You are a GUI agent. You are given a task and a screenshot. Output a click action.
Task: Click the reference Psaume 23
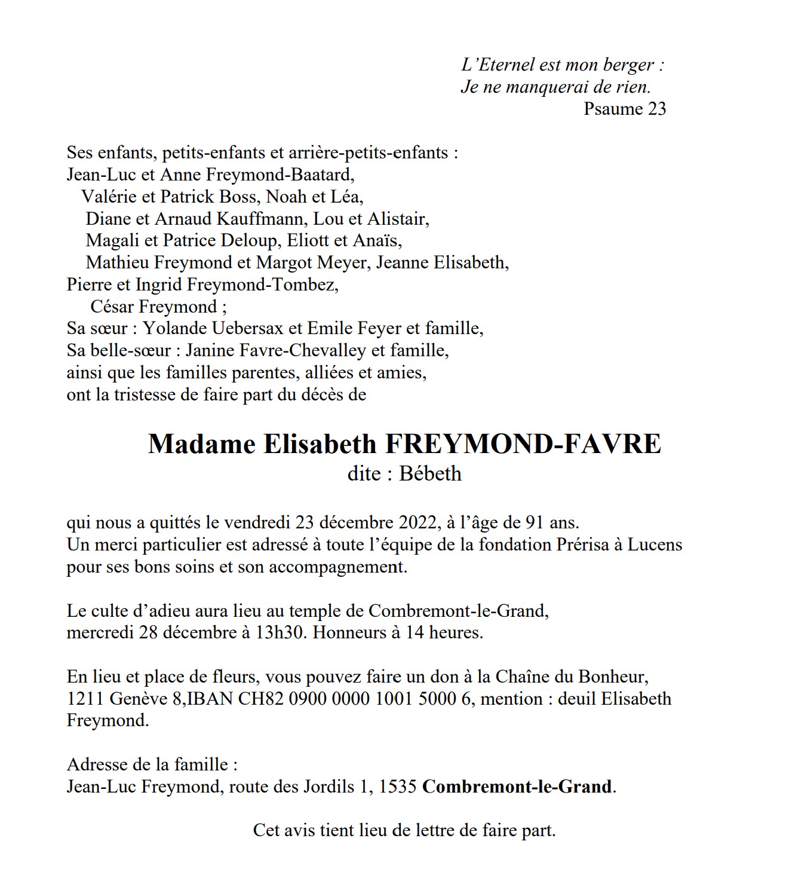pyautogui.click(x=624, y=109)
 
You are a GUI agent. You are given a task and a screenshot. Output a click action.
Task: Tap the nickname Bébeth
pyautogui.click(x=430, y=474)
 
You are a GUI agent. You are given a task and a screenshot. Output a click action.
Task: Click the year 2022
pyautogui.click(x=419, y=523)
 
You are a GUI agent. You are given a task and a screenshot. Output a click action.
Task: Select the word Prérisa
pyautogui.click(x=576, y=545)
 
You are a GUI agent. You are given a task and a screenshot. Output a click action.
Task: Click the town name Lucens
pyautogui.click(x=654, y=545)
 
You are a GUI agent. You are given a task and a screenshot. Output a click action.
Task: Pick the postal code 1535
pyautogui.click(x=398, y=787)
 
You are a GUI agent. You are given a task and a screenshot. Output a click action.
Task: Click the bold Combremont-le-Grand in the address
pyautogui.click(x=517, y=787)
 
